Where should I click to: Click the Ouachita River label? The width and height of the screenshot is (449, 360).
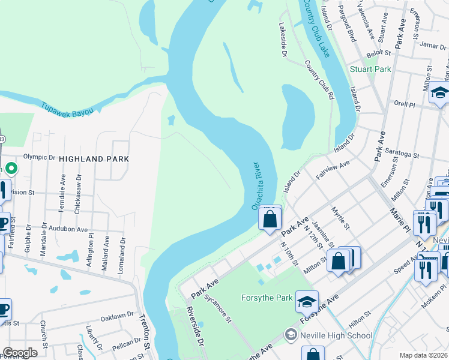tap(256, 185)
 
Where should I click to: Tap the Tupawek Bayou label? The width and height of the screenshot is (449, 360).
tap(67, 109)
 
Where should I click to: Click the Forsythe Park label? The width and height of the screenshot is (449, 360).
tap(267, 298)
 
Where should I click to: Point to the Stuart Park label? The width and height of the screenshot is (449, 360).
tap(370, 69)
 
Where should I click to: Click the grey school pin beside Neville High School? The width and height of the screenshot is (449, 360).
tap(291, 334)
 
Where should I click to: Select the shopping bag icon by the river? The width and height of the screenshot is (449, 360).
tap(270, 219)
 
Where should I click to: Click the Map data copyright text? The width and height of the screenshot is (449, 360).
tap(424, 355)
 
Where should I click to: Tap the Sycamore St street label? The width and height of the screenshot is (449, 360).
tap(217, 308)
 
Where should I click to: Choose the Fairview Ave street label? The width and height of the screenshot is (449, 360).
tap(333, 170)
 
